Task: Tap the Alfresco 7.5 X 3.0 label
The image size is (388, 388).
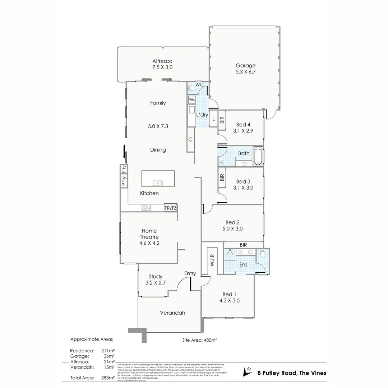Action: click(162, 64)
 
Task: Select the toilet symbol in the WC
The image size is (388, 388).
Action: click(192, 88)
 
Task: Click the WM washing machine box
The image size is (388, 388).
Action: click(192, 100)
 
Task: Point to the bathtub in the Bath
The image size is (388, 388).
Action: click(258, 156)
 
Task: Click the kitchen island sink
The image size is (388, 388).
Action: click(157, 183)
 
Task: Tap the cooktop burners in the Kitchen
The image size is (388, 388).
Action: click(146, 208)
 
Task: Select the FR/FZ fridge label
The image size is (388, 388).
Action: click(170, 208)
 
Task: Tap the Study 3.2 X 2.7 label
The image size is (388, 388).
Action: click(156, 280)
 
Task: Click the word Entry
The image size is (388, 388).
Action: click(190, 273)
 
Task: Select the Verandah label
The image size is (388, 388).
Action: click(172, 313)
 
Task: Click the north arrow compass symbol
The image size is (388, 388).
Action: click(247, 371)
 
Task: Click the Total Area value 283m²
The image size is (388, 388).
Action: click(108, 378)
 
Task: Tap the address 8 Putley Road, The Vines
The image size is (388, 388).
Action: click(292, 373)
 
